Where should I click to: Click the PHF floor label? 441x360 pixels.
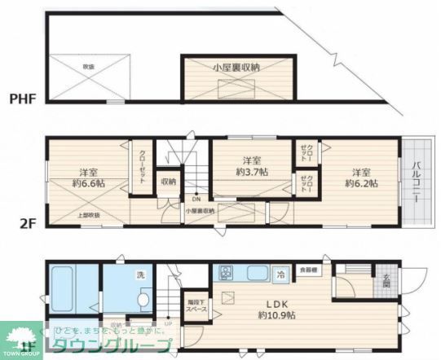(x=24, y=100)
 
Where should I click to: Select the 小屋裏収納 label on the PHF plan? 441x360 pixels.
(x=236, y=68)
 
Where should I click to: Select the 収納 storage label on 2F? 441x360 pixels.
(x=168, y=182)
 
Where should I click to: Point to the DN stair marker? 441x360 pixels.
(x=196, y=199)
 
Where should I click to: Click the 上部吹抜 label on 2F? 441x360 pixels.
(x=89, y=215)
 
